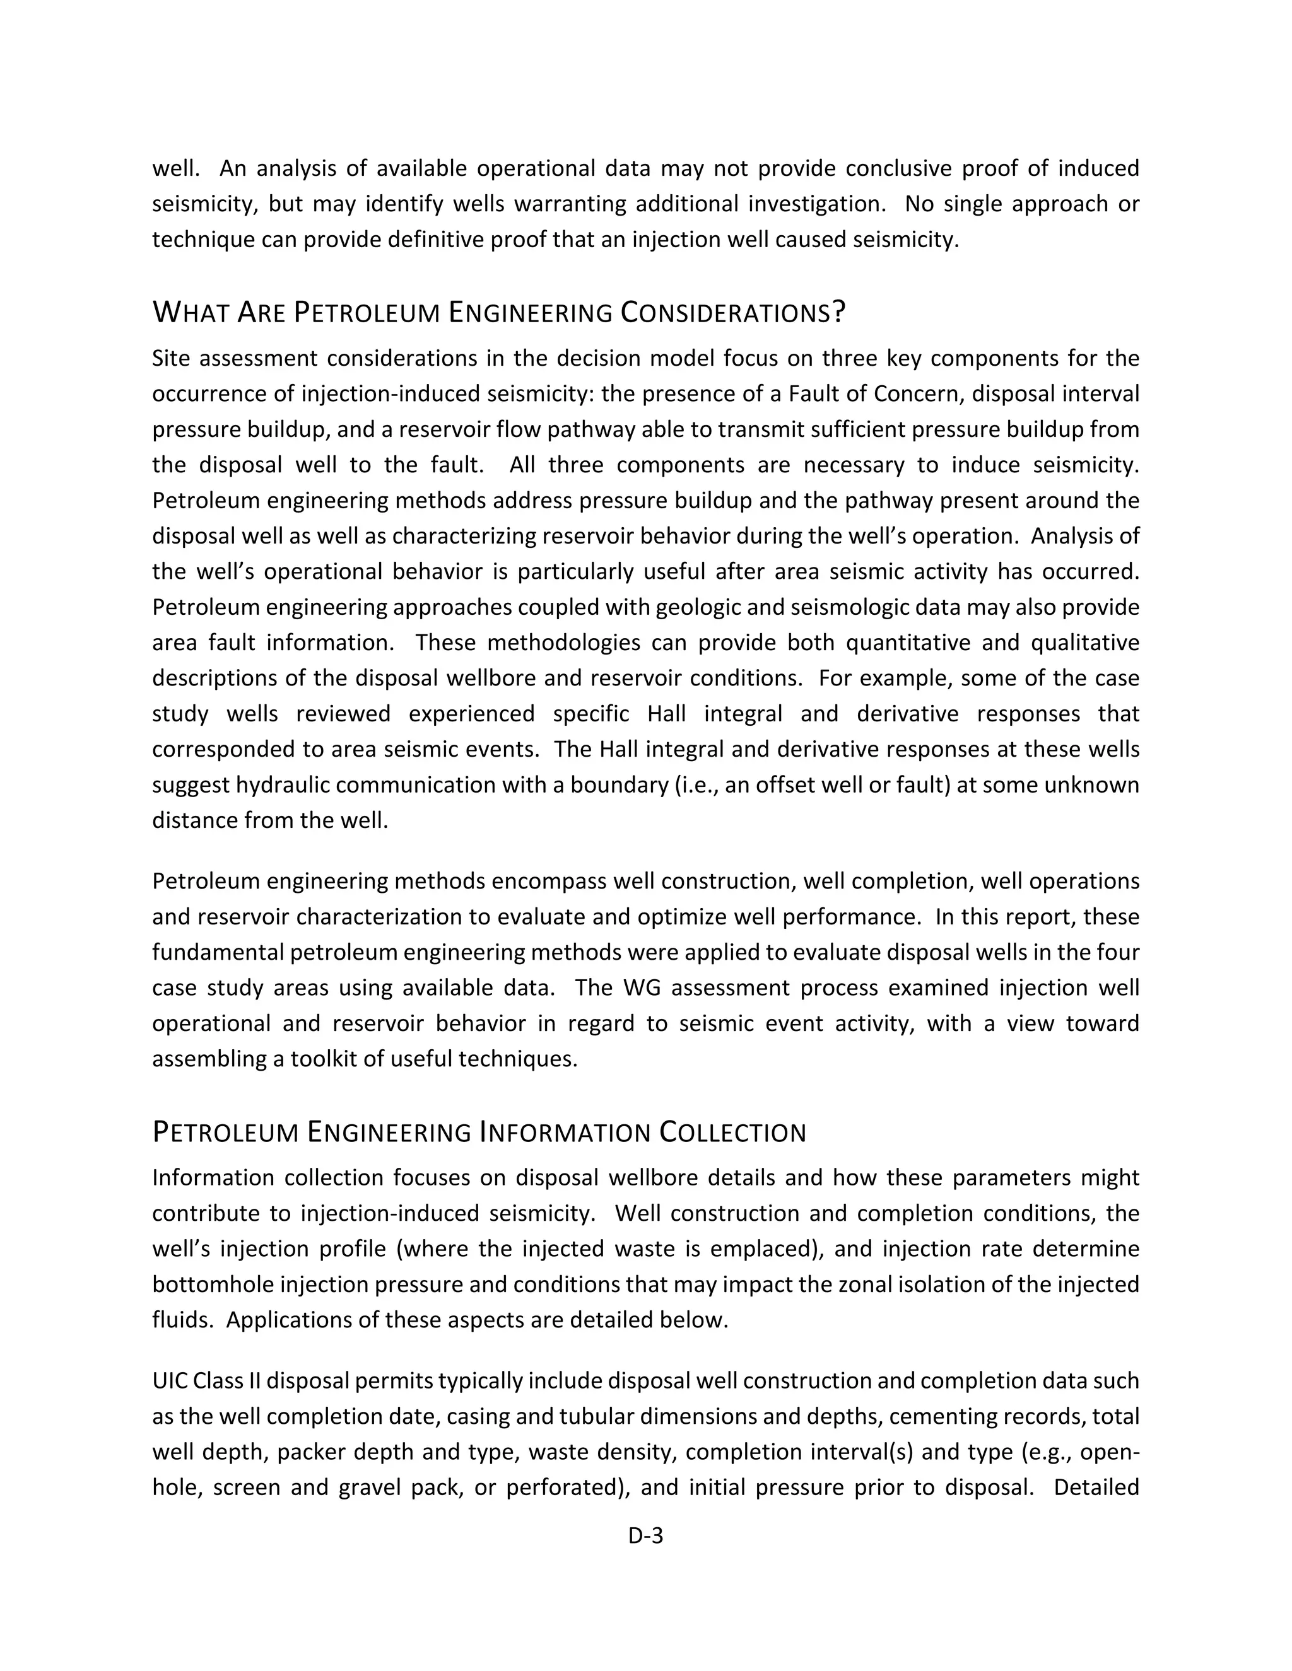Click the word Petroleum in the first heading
tap(367, 313)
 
